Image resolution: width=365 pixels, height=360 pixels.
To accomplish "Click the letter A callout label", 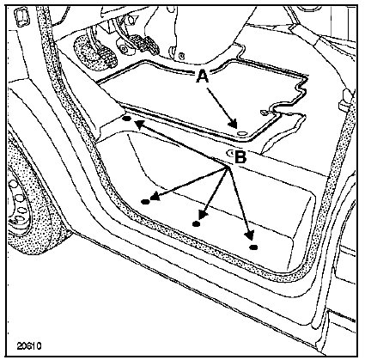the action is [202, 76].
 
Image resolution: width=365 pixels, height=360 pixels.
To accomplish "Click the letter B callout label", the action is [240, 156].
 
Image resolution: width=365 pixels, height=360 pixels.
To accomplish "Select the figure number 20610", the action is [29, 345].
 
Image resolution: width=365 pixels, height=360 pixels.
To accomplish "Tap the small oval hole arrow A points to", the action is [242, 133].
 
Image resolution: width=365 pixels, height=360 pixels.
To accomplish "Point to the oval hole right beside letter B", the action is [230, 153].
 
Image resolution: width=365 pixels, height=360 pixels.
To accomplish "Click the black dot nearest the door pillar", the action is [127, 118].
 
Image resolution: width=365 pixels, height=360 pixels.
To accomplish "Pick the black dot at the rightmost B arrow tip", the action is [253, 247].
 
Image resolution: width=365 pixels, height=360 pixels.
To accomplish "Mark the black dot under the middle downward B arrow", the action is [196, 223].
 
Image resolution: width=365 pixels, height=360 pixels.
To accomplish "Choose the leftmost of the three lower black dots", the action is [145, 202].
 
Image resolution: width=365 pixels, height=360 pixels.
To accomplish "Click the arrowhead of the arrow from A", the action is [233, 124].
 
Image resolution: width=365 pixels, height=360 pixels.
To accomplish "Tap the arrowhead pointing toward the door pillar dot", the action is [139, 124].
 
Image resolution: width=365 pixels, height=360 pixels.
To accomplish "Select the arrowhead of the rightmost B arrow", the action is [249, 235].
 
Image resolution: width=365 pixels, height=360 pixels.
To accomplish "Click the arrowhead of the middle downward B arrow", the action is [203, 216].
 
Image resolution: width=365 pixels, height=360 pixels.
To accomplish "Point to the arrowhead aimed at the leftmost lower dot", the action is [155, 196].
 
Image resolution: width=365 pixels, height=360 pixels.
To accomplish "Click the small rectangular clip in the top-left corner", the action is [21, 17].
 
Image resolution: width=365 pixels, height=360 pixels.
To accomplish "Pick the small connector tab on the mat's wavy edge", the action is [264, 113].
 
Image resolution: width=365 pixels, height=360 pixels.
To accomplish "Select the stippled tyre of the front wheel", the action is [32, 200].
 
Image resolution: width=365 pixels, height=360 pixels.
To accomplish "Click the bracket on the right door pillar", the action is [345, 101].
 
